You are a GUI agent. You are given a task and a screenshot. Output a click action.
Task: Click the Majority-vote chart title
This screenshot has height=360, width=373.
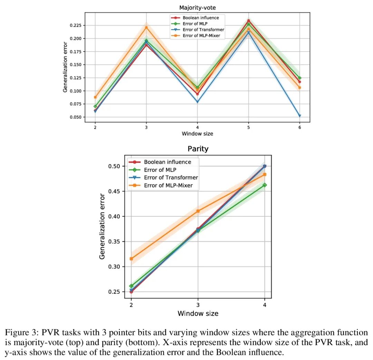tap(198, 8)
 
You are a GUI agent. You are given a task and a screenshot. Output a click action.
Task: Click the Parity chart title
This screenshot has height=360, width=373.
tap(198, 149)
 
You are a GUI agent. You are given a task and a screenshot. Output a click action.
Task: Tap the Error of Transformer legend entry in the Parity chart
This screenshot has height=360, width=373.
tap(163, 178)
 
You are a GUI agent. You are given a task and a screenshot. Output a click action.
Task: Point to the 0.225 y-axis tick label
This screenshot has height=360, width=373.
tap(75, 26)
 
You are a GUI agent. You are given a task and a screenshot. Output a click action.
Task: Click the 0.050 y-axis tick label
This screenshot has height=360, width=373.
tap(75, 117)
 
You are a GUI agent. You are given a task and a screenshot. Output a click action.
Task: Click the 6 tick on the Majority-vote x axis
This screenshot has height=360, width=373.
tap(299, 127)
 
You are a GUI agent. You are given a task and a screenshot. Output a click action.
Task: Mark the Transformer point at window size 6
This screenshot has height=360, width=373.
tap(299, 116)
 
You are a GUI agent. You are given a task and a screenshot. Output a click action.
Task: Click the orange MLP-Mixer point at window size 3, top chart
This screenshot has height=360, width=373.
tap(146, 28)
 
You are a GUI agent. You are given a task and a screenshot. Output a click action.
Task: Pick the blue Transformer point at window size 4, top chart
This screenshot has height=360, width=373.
tap(198, 102)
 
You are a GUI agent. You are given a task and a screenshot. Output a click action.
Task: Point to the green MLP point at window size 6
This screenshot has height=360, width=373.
tap(299, 78)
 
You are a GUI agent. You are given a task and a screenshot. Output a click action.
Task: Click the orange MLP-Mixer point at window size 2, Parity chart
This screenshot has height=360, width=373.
tap(131, 259)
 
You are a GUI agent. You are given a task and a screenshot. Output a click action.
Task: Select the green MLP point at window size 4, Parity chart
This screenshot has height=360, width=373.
tap(265, 185)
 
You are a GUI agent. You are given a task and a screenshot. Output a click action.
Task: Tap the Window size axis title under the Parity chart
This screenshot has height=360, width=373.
tap(198, 313)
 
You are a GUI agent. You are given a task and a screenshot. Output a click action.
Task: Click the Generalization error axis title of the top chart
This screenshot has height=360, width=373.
tap(65, 67)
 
